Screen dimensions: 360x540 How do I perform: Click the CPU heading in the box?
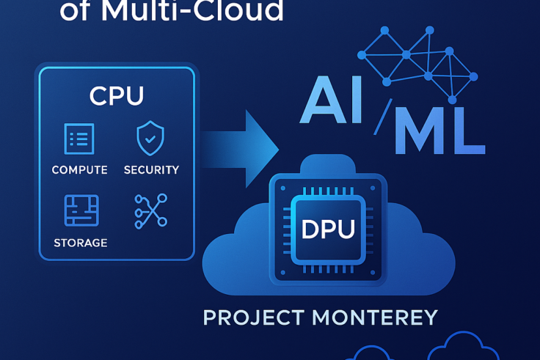(116, 96)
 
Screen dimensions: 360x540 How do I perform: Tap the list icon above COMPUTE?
(79, 139)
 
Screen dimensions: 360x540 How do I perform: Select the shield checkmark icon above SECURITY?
(150, 138)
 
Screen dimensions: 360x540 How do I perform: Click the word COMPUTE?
(79, 170)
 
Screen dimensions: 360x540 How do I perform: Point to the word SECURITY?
(151, 170)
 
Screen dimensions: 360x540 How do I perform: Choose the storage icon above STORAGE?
(81, 210)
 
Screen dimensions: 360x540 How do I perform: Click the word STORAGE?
(81, 243)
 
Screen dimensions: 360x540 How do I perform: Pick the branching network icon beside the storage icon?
(150, 210)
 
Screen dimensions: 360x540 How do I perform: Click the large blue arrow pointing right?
(242, 146)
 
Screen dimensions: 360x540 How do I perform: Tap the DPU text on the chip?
(328, 229)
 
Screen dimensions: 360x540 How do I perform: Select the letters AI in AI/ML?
(332, 100)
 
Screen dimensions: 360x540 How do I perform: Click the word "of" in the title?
(76, 11)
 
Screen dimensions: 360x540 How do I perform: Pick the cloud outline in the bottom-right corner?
(464, 348)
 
